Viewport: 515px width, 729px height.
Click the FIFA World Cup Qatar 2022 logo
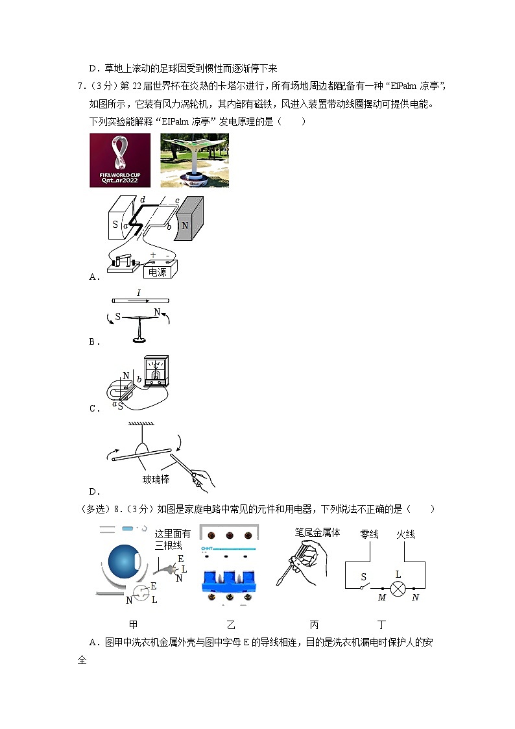tap(120, 160)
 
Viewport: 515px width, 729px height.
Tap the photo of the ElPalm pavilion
tap(194, 160)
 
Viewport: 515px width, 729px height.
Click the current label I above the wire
tap(138, 293)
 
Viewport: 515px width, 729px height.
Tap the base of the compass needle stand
tap(138, 340)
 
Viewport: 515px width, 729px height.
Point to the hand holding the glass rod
tap(203, 480)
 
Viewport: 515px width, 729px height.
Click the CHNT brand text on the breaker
tap(208, 549)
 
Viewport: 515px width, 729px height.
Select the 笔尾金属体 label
tap(317, 532)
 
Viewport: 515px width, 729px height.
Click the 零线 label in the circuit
tap(369, 534)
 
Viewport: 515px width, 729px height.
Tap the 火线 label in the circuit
tap(405, 534)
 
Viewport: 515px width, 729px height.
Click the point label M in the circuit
tap(381, 598)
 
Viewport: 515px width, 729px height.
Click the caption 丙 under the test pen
tap(314, 625)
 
